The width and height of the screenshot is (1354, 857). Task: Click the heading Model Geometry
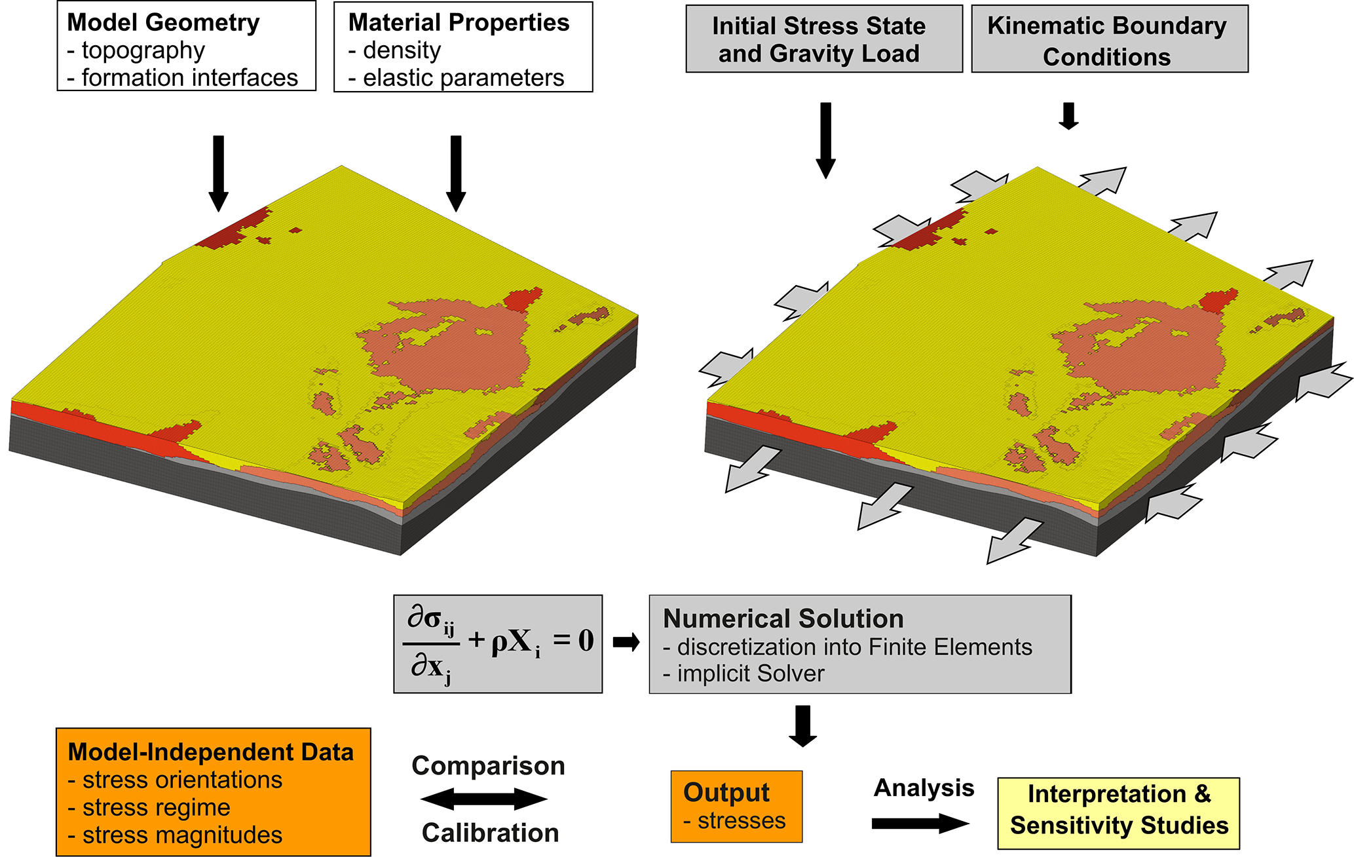(163, 23)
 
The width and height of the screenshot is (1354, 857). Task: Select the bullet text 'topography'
(143, 50)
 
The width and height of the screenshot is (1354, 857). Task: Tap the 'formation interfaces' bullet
(189, 78)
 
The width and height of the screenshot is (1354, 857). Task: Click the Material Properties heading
(459, 23)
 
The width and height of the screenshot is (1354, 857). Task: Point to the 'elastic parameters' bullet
(463, 78)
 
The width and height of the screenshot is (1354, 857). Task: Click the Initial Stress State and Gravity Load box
(823, 39)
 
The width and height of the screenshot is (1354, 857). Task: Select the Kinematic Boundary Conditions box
(1109, 39)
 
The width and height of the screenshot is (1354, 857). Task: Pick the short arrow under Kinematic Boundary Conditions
(1068, 116)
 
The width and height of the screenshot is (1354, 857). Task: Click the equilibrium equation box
(497, 643)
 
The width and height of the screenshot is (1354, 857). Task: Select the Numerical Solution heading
(783, 619)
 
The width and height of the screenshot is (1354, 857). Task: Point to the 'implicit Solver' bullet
(750, 674)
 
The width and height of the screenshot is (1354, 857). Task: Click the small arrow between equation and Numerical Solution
(626, 643)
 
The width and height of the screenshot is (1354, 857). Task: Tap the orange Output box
(736, 807)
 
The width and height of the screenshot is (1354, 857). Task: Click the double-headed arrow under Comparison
(484, 799)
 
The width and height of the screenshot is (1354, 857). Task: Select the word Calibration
(490, 833)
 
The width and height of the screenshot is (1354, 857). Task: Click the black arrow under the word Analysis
(920, 824)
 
